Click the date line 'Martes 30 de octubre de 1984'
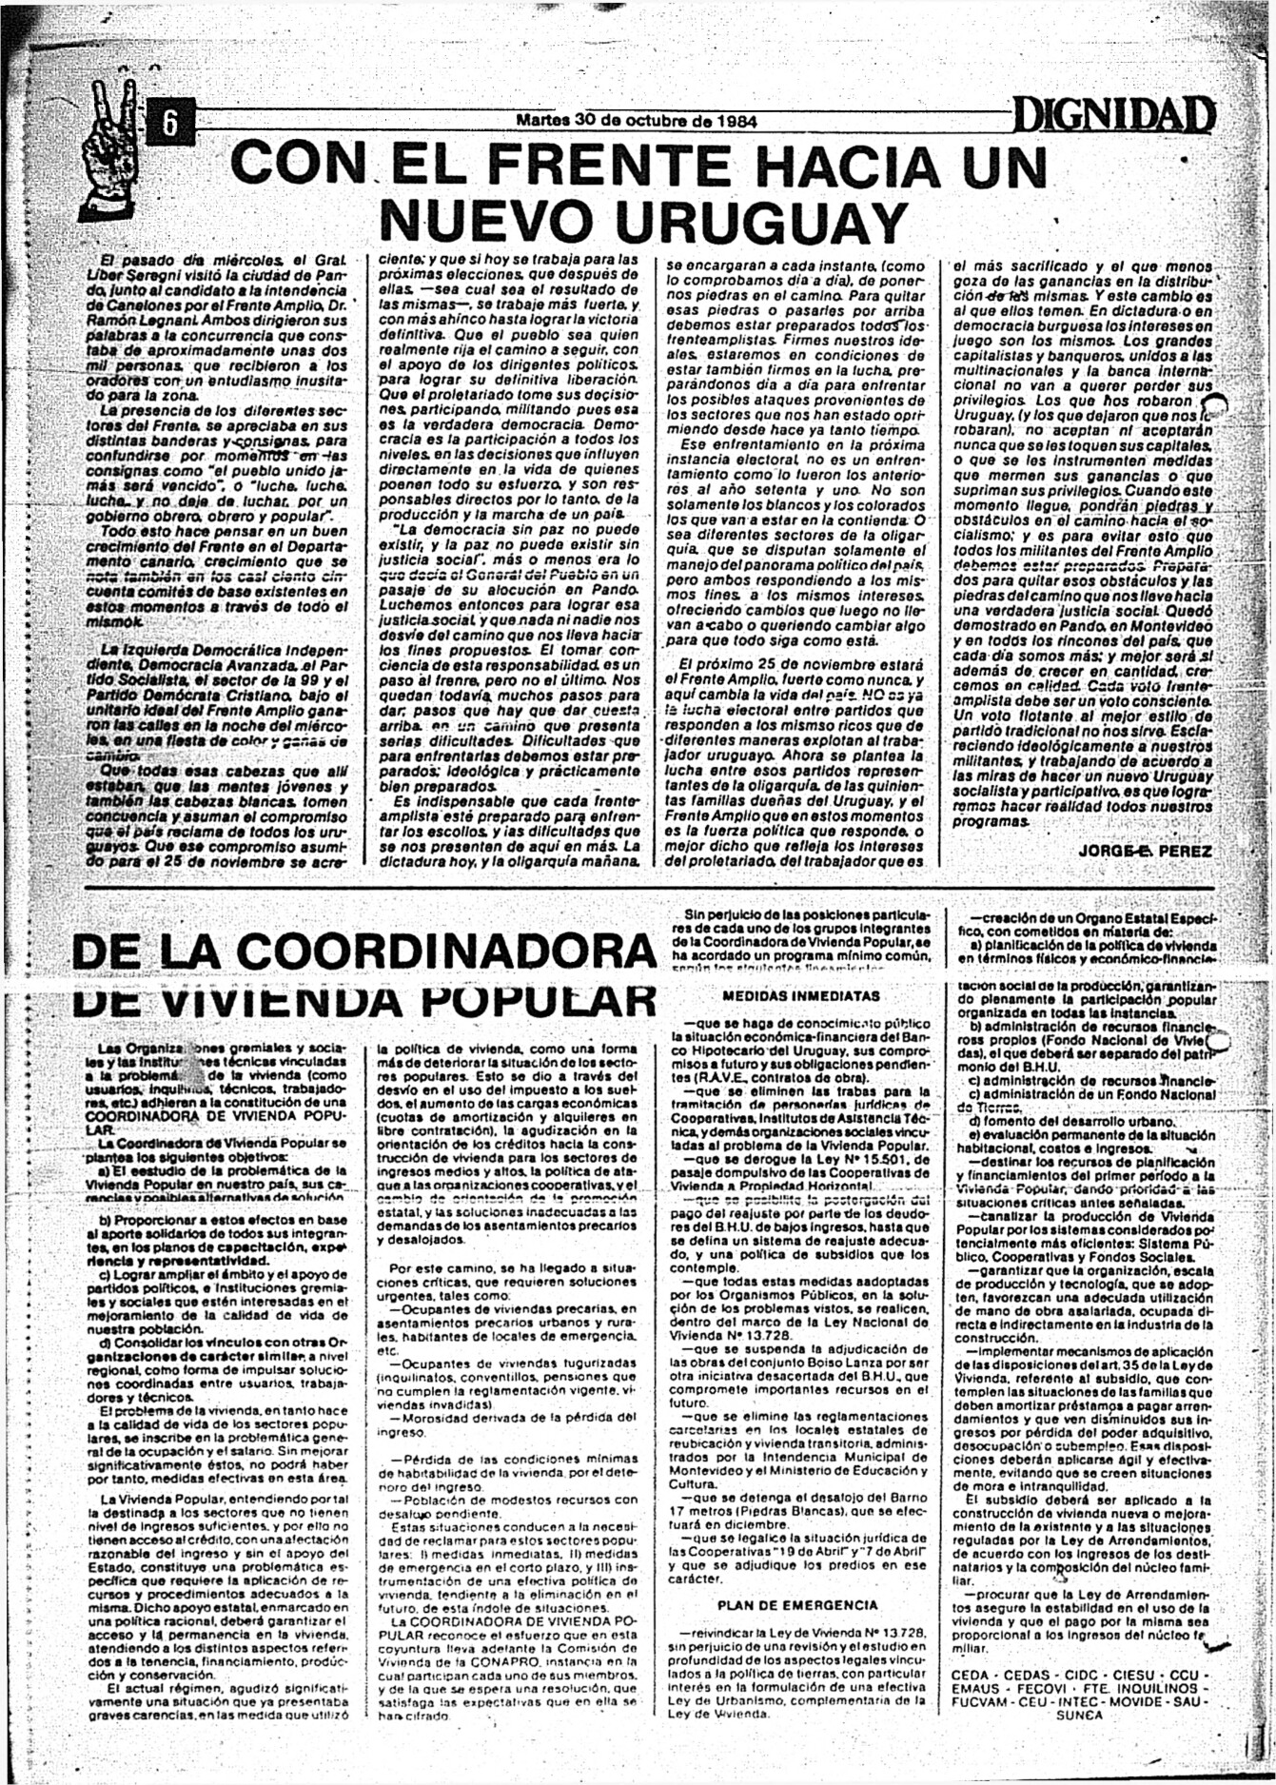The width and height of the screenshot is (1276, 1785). coord(636,121)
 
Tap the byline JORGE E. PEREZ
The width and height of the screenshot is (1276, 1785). coord(1145,850)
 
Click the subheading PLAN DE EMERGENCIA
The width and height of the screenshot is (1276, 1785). coord(797,1605)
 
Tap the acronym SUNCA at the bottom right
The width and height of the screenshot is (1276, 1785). coord(1079,1715)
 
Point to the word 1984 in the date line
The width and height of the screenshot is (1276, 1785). coord(736,121)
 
